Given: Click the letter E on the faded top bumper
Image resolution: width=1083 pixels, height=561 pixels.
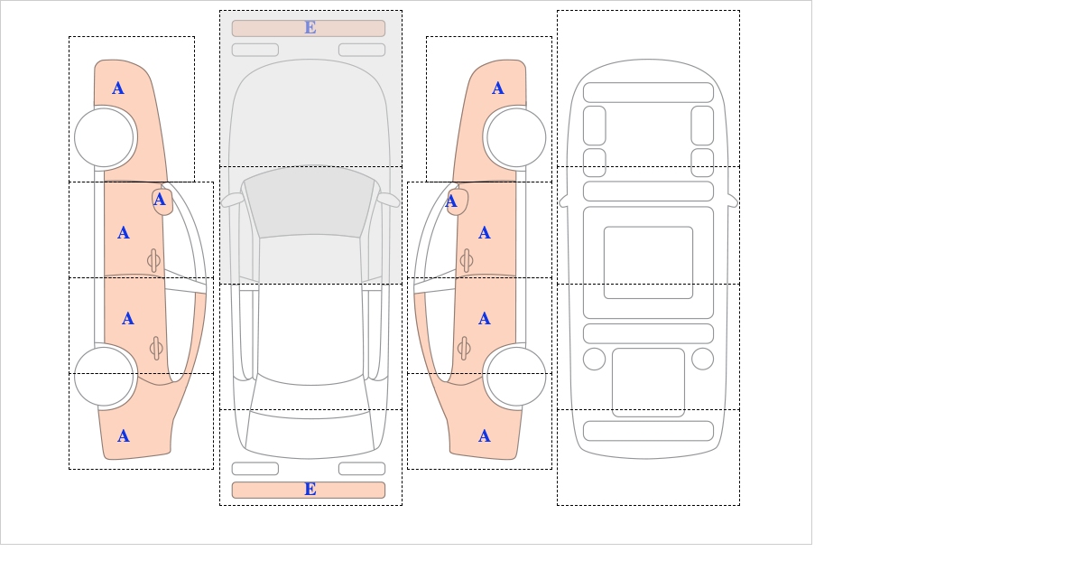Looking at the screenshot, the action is [x=310, y=28].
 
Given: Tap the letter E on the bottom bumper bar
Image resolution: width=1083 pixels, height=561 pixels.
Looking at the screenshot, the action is [x=310, y=490].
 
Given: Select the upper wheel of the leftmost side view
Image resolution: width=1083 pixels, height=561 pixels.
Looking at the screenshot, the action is [x=104, y=137].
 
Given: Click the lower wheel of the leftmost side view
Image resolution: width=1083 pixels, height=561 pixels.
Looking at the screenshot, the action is [x=104, y=376].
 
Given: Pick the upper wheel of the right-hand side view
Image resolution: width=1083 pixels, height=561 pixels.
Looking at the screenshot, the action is [x=516, y=137].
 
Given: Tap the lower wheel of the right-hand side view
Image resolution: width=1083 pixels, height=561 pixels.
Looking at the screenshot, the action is [x=516, y=376].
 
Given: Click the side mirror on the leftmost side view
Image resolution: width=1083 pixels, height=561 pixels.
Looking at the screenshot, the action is [x=162, y=201].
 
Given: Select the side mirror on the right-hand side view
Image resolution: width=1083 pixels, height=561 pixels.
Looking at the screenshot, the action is [x=458, y=201].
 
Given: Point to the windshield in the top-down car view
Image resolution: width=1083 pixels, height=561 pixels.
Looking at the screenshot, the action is [x=310, y=201].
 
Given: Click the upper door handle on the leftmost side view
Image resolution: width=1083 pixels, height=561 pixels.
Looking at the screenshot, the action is [x=153, y=261].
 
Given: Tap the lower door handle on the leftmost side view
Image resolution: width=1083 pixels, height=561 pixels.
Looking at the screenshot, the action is [x=156, y=348].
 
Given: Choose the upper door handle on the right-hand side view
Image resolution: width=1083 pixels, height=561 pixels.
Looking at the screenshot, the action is [x=467, y=261].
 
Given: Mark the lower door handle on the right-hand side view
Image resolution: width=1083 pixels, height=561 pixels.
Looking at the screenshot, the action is [x=464, y=348].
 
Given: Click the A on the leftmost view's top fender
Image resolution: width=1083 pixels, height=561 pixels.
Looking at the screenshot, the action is [x=118, y=89].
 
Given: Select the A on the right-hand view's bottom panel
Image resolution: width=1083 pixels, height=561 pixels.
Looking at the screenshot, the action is [x=485, y=436].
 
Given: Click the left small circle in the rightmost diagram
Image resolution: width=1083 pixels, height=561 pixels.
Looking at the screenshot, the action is [x=594, y=360].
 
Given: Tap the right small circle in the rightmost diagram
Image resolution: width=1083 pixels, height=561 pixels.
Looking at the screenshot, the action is [x=702, y=360].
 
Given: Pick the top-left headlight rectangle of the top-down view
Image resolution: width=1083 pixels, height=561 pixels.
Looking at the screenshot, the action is [x=255, y=50].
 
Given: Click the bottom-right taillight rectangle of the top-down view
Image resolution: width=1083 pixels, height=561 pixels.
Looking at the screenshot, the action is [x=362, y=469].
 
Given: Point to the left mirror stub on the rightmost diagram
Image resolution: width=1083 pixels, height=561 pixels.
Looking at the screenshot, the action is [x=563, y=201].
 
